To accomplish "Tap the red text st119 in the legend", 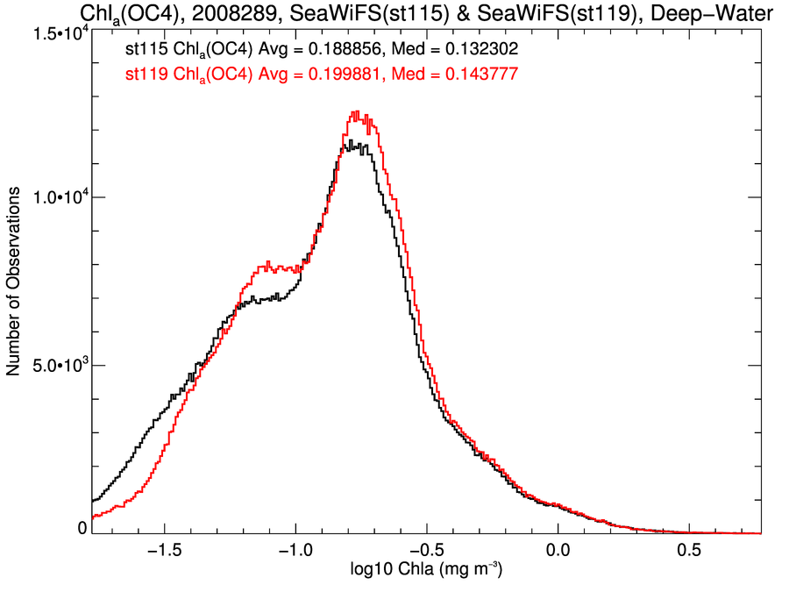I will [146, 75].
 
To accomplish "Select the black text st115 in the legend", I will [146, 52].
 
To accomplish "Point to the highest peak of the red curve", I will [356, 112].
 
